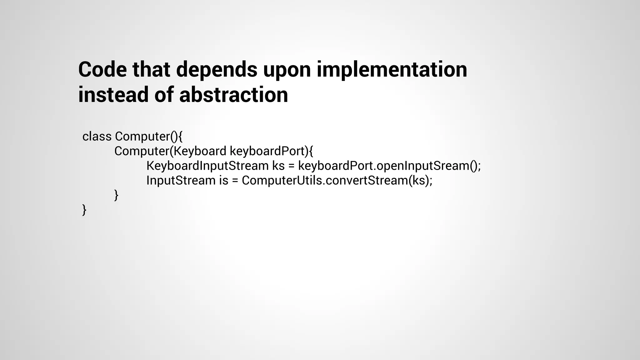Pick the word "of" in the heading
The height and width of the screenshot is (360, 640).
(164, 95)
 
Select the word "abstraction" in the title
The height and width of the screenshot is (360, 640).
(233, 95)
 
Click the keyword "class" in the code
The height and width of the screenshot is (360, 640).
(97, 137)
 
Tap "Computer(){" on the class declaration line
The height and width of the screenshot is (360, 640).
(148, 137)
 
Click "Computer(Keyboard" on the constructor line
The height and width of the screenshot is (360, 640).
(170, 151)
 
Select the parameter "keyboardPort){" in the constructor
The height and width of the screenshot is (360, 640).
(271, 151)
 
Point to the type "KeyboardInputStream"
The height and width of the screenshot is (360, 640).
(207, 166)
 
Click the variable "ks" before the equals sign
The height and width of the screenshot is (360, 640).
(278, 166)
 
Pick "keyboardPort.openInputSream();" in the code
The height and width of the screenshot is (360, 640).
(389, 166)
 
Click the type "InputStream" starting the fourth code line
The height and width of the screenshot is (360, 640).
(181, 180)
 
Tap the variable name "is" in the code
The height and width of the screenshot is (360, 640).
(223, 180)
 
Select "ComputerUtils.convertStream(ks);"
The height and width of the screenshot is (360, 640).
(337, 180)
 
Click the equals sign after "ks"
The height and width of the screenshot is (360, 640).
(292, 166)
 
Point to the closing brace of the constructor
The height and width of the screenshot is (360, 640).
(116, 195)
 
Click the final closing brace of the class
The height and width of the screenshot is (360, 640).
(84, 210)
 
